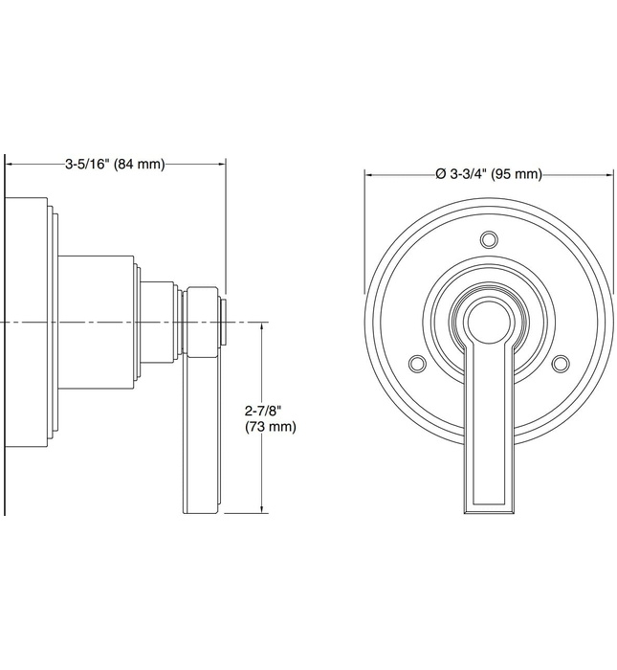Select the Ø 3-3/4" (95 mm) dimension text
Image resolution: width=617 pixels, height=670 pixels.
pyautogui.click(x=488, y=174)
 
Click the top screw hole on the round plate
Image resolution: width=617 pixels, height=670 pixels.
pyautogui.click(x=489, y=238)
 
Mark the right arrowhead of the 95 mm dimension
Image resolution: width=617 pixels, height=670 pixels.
pyautogui.click(x=609, y=174)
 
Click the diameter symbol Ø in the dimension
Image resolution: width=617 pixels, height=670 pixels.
pyautogui.click(x=441, y=174)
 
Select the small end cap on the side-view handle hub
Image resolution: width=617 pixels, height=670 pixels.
pyautogui.click(x=224, y=322)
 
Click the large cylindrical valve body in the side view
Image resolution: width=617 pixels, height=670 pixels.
pyautogui.click(x=96, y=322)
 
